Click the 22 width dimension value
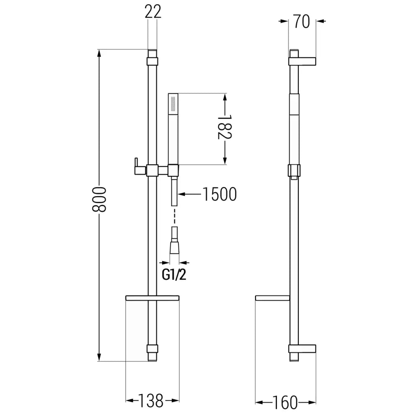click(153, 12)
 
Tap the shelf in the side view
click(272, 298)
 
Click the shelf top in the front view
click(153, 298)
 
